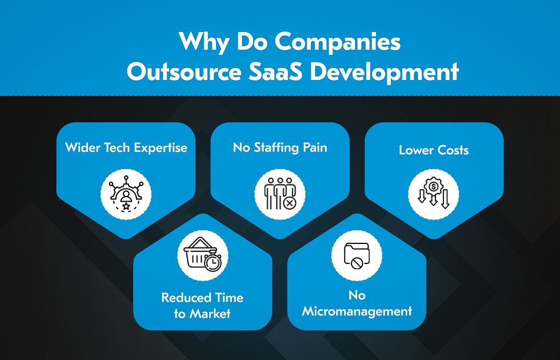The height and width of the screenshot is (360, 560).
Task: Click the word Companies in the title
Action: pos(338,42)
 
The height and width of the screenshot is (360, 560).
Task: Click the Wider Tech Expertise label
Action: pos(126,147)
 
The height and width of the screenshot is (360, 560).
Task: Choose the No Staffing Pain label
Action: pos(280,147)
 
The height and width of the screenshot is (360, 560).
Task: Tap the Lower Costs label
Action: pos(434,150)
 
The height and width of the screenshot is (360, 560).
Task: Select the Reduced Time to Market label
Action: pos(202,306)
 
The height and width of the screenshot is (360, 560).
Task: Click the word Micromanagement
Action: pos(357,311)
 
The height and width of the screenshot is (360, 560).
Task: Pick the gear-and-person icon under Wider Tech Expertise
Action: pos(126,194)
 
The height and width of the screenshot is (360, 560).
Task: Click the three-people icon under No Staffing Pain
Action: pos(279,194)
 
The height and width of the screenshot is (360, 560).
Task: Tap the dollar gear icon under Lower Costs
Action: pos(434,194)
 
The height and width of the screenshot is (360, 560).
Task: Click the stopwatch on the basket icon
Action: pos(213,262)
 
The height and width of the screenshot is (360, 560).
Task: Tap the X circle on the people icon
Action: pos(289,203)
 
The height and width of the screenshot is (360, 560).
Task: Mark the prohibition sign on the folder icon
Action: pos(356,263)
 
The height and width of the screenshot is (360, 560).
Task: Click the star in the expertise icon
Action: pos(126,206)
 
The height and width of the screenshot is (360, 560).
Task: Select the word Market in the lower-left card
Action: pos(210,314)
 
